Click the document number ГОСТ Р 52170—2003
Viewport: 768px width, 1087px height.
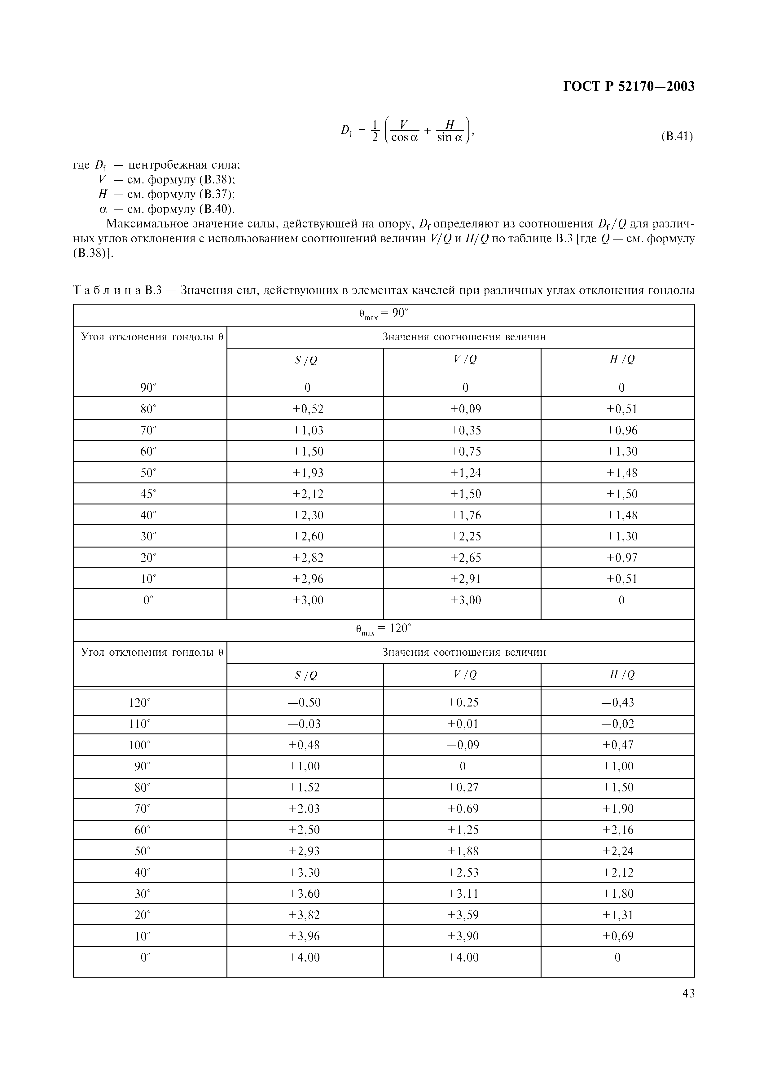pos(629,87)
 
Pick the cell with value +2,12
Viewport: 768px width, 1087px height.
pos(308,494)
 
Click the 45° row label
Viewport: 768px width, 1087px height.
pos(148,494)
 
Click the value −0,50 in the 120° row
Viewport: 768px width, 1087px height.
pos(304,702)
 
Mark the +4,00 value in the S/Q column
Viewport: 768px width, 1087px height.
pos(304,957)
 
